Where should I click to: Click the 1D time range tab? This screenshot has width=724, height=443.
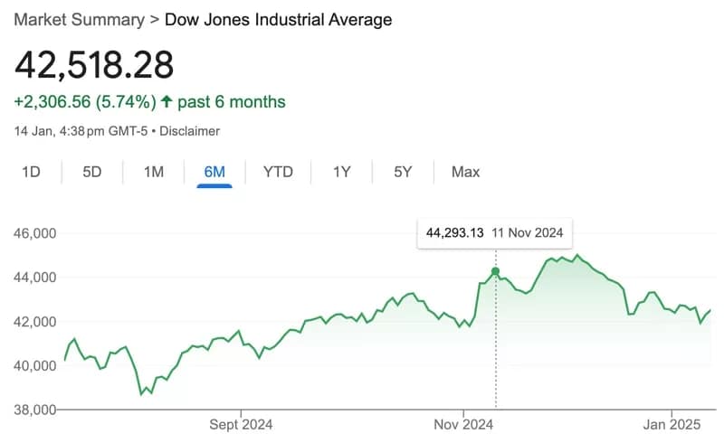pos(31,172)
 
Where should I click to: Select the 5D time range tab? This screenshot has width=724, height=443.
pos(91,172)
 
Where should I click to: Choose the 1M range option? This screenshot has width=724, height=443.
pos(154,172)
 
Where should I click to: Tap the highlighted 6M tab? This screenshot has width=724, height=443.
pos(214,172)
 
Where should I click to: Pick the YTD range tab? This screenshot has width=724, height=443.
pos(278,172)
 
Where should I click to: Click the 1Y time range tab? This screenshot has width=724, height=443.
pos(341,172)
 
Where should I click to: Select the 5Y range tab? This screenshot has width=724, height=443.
pos(403,172)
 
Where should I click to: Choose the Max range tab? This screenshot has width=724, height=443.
pos(465,172)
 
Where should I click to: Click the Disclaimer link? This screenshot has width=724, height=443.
pos(190,131)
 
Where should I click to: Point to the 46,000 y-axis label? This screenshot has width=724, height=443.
pos(35,233)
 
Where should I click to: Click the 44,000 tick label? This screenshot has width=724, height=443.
pos(35,278)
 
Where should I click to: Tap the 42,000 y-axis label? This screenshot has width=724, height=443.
pos(35,322)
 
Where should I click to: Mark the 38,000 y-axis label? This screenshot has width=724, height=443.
pos(35,410)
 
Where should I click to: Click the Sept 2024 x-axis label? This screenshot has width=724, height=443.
pos(241,423)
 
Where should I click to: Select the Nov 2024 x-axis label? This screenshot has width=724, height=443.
pos(462,423)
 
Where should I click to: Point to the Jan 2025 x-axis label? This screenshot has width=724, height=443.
pos(671,423)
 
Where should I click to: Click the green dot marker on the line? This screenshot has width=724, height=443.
pos(495,271)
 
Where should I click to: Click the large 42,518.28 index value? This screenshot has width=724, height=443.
pos(93,65)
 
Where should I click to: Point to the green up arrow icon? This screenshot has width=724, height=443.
pos(167,101)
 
